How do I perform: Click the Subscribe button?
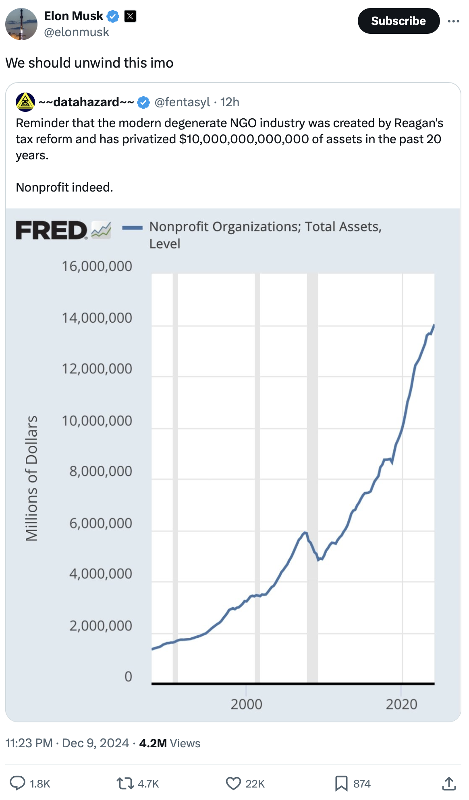coord(398,21)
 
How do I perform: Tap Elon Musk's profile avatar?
coord(21,24)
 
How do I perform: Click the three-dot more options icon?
coord(453,21)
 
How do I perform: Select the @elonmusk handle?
coord(77,32)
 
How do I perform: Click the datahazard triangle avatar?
coord(25,102)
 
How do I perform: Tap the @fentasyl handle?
coord(182,102)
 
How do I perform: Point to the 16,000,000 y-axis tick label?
coord(97,266)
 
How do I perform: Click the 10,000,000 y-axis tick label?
coord(97,421)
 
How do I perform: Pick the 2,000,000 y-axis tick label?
coord(100,626)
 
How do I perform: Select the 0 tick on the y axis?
coord(128,676)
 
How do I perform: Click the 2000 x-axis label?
coord(246,704)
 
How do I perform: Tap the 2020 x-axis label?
coord(401,704)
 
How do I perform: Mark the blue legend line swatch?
coord(132,228)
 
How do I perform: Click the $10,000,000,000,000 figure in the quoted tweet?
coord(244,139)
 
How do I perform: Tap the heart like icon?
coord(233,783)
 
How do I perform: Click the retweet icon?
coord(125,783)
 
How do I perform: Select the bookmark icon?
coord(341,783)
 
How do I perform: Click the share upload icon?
coord(449,783)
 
